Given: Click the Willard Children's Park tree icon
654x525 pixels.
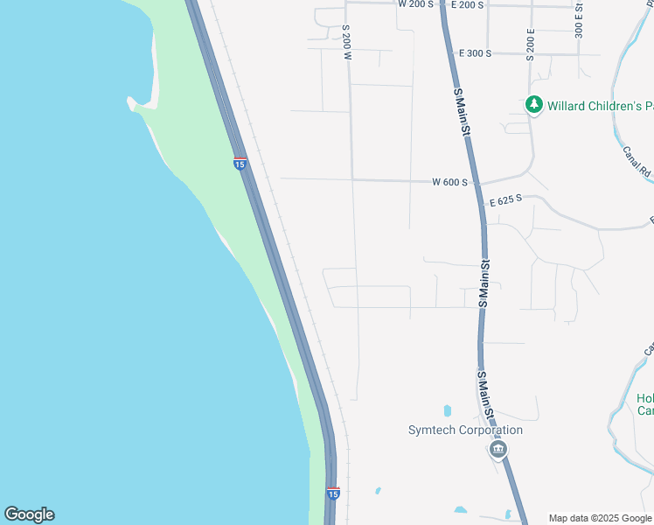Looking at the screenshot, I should pyautogui.click(x=533, y=105).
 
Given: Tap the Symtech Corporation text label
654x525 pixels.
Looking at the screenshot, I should pyautogui.click(x=465, y=430).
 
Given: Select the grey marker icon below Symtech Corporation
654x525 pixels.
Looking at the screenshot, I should pyautogui.click(x=497, y=450).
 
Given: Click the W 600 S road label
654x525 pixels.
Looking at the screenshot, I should pyautogui.click(x=450, y=182).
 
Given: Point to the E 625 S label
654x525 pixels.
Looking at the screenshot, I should pyautogui.click(x=505, y=200).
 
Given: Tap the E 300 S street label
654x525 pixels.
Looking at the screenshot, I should pyautogui.click(x=475, y=53).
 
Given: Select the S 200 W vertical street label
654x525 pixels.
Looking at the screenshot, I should pyautogui.click(x=346, y=42).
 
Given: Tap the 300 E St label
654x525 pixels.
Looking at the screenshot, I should pyautogui.click(x=579, y=19).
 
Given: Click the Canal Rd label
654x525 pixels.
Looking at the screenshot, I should pyautogui.click(x=637, y=158).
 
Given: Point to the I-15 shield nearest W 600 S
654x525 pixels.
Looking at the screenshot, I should pyautogui.click(x=240, y=163).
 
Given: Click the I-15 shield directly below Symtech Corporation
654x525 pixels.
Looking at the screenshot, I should pyautogui.click(x=332, y=493).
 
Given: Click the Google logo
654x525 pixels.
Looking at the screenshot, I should pyautogui.click(x=29, y=514).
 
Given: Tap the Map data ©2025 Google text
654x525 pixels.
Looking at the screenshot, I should pyautogui.click(x=600, y=518).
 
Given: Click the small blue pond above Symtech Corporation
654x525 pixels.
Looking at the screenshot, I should pyautogui.click(x=447, y=409).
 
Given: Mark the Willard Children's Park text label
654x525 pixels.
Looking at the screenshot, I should pyautogui.click(x=601, y=106).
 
